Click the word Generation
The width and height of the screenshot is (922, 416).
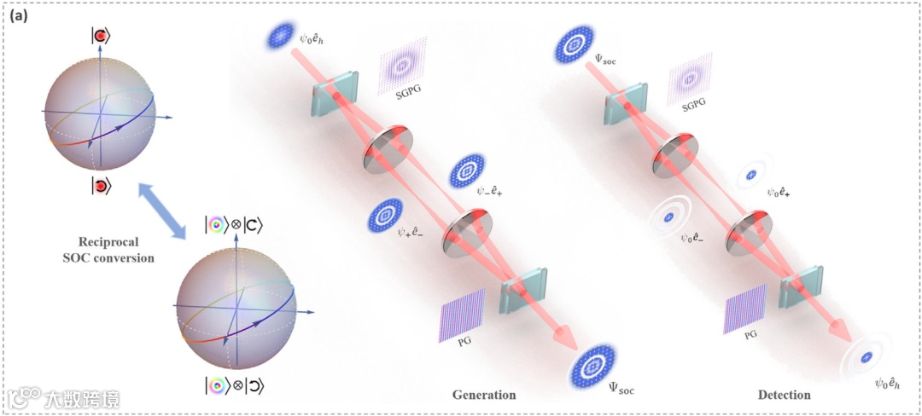(x=485, y=395)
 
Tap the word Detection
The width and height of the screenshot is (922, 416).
(x=784, y=395)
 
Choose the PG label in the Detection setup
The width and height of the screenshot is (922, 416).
(x=750, y=335)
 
